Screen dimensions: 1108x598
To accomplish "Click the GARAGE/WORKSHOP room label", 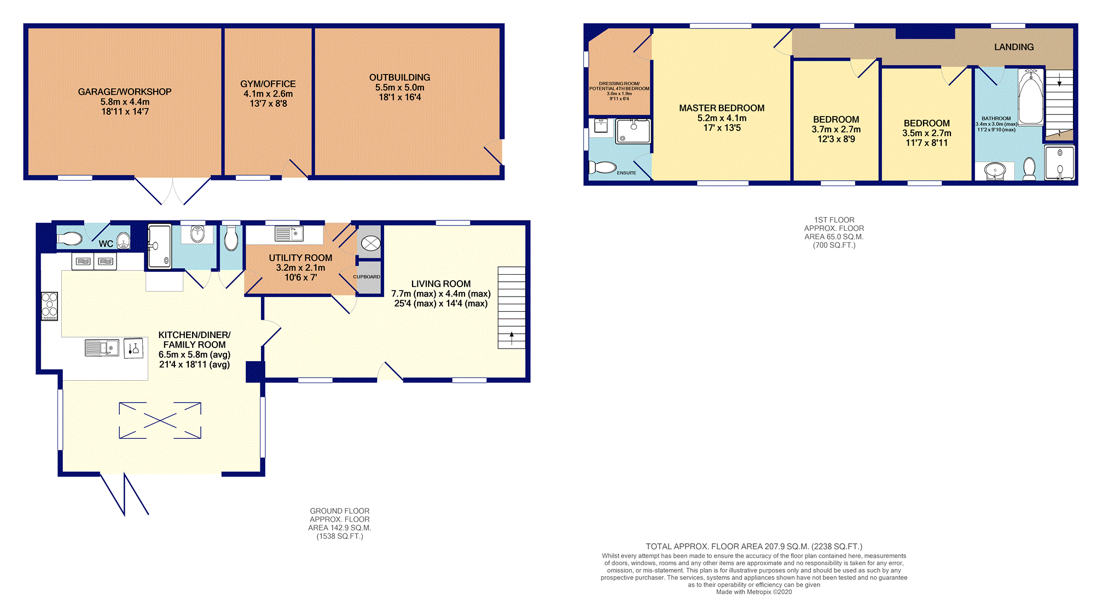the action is tap(125, 92).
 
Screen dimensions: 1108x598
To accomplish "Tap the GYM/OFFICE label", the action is tap(268, 84).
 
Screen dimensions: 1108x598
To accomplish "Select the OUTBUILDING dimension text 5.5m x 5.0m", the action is tap(400, 88).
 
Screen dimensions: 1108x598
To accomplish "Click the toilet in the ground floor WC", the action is tap(69, 239).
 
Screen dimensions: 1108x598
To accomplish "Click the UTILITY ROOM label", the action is tap(300, 258).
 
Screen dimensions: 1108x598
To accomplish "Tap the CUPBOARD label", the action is tap(367, 277).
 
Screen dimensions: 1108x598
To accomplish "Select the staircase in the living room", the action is tap(512, 307).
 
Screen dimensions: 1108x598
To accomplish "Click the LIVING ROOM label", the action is tap(441, 284).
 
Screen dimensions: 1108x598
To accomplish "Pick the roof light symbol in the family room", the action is tap(160, 420).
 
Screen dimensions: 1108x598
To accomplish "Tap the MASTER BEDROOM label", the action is tap(722, 108).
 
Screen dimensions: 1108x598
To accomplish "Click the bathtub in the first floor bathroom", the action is tap(1031, 97).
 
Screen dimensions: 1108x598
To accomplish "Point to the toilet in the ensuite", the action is tap(602, 167).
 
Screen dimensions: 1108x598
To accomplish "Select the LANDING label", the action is tap(1014, 47).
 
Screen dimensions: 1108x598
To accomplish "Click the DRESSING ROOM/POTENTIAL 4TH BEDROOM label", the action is tap(619, 86).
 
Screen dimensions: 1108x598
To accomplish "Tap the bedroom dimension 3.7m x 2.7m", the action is tap(836, 130).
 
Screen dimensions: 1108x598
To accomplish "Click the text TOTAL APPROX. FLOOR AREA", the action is tap(706, 547).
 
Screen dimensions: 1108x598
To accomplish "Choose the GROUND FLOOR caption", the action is tap(340, 511).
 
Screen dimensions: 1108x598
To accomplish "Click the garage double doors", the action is tap(172, 190).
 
